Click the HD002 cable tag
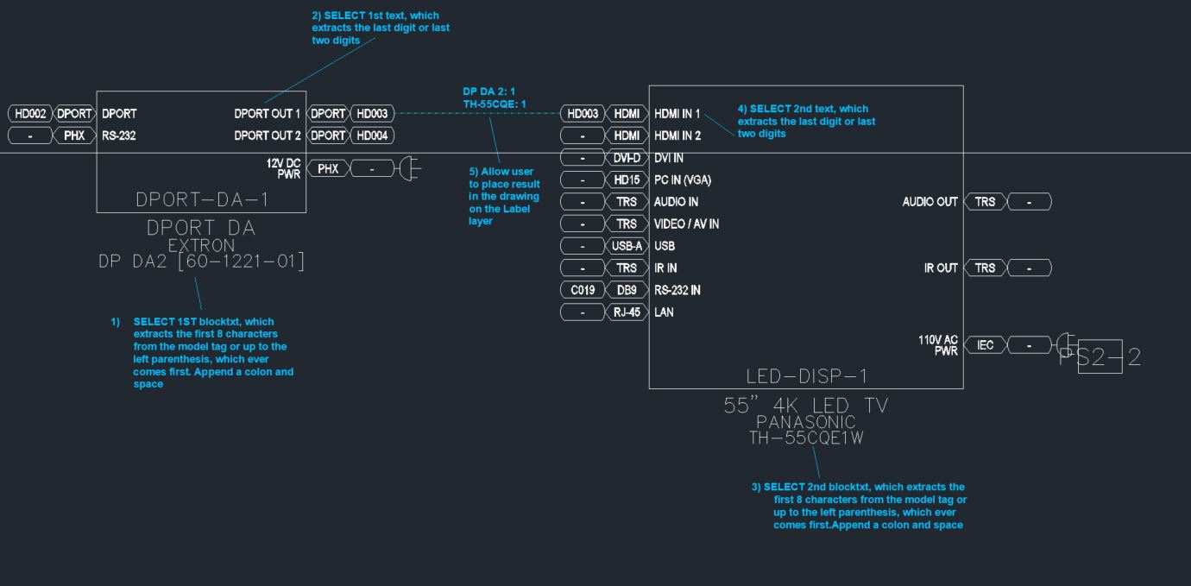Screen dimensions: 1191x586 click(30, 113)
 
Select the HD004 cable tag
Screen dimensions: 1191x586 click(372, 135)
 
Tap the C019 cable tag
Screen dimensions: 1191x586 click(583, 290)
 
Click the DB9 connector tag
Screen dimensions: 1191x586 click(627, 290)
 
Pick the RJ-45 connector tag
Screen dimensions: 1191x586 click(627, 312)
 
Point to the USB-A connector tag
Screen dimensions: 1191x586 click(627, 246)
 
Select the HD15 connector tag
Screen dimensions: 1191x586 click(627, 180)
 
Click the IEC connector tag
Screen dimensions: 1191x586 click(986, 344)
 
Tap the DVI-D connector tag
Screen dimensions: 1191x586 click(627, 158)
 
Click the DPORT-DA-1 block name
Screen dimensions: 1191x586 click(202, 199)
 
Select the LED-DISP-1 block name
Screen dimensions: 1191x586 click(807, 376)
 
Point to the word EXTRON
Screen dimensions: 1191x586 click(201, 245)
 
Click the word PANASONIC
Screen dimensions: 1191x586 click(806, 422)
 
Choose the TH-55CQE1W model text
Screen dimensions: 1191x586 click(806, 438)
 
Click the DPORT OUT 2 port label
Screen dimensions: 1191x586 click(268, 135)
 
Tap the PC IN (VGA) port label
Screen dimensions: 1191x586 click(683, 180)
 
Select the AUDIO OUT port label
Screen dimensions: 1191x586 click(930, 202)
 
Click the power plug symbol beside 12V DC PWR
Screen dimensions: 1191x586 click(409, 168)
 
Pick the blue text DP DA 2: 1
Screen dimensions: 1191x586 click(488, 91)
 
